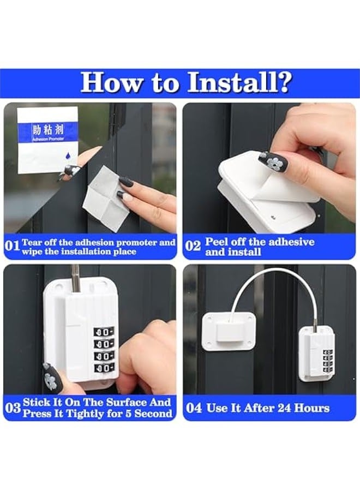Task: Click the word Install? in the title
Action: [x=240, y=83]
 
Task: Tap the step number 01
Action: [x=12, y=246]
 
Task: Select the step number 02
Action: [x=193, y=246]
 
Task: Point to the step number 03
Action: [x=13, y=408]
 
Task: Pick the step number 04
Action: [x=194, y=408]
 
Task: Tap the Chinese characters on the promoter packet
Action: [x=48, y=129]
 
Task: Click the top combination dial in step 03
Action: [x=103, y=332]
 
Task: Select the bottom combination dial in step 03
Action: [x=103, y=368]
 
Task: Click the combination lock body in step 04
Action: [x=316, y=354]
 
